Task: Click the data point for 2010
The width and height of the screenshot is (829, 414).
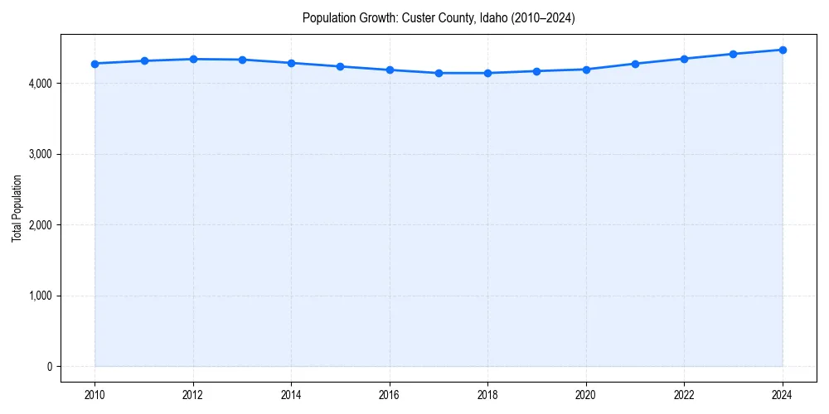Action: click(95, 64)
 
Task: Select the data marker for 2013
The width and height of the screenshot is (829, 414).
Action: click(242, 60)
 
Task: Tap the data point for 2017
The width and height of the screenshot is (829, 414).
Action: click(439, 73)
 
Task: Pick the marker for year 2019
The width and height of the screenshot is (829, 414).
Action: click(537, 71)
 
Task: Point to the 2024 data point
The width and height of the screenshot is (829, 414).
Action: click(783, 50)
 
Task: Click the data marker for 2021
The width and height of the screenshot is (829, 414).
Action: click(635, 64)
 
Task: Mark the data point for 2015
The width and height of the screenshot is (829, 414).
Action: click(341, 66)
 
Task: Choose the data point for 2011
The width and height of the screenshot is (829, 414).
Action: click(144, 60)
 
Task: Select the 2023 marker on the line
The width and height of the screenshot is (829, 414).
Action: click(734, 54)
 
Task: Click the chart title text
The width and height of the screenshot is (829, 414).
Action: click(439, 17)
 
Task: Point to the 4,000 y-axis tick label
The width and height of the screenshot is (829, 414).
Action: click(40, 84)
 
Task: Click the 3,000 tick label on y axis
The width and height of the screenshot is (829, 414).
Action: click(40, 154)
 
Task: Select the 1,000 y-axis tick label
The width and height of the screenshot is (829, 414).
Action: click(40, 296)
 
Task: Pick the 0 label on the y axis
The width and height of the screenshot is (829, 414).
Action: click(49, 367)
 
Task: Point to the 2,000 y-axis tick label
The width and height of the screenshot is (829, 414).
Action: click(40, 225)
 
